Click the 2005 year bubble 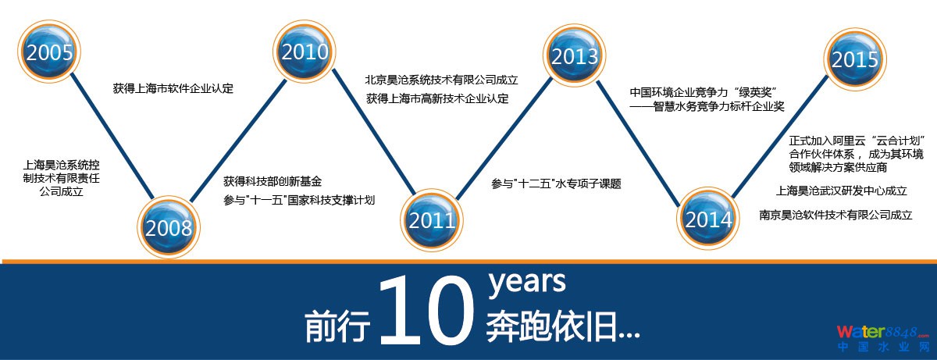tap(49, 52)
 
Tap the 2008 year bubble tap(169, 227)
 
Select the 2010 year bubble tap(304, 51)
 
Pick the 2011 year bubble tap(432, 219)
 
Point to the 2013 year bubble tap(575, 55)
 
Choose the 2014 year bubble tap(708, 218)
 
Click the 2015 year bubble tap(855, 59)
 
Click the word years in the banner tap(527, 283)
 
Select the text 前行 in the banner tap(337, 326)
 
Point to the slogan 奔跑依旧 tap(563, 326)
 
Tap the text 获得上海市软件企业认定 tap(173, 89)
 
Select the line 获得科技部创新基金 tap(273, 181)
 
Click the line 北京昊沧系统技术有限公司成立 tap(441, 80)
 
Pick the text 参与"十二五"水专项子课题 tap(556, 184)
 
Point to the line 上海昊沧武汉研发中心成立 tap(842, 191)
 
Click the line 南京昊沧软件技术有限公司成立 tap(835, 215)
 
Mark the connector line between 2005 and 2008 tap(112, 137)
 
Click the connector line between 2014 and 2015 tap(779, 137)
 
